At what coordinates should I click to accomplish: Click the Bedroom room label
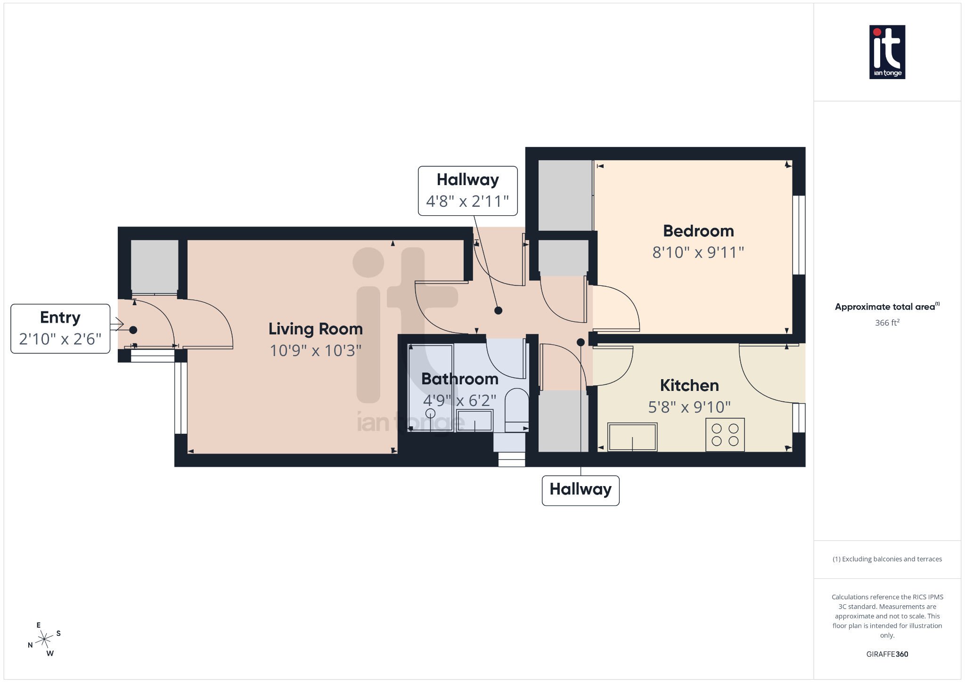[x=698, y=231]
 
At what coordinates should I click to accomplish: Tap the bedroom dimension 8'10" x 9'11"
[x=698, y=252]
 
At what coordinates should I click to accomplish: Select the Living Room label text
[x=316, y=329]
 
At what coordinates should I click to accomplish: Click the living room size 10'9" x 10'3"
[x=316, y=350]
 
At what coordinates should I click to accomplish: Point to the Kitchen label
[x=689, y=385]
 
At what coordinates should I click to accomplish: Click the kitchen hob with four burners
[x=725, y=435]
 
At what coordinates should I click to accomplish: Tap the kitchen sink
[x=632, y=437]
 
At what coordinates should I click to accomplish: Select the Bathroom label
[x=460, y=379]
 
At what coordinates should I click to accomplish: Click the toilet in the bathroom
[x=516, y=410]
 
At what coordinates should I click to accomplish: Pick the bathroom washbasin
[x=474, y=420]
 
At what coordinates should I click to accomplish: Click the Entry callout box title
[x=60, y=317]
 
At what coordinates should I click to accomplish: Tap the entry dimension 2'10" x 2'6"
[x=60, y=339]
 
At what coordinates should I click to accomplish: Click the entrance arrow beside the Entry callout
[x=117, y=324]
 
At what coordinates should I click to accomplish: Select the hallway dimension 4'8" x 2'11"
[x=467, y=201]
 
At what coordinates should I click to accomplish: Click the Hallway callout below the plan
[x=581, y=490]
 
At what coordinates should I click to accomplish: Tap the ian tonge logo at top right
[x=887, y=52]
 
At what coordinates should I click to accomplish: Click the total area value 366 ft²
[x=887, y=323]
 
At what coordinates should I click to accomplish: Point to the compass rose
[x=44, y=639]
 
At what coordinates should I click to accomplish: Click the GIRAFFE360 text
[x=887, y=654]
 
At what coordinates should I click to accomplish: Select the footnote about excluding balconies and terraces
[x=887, y=559]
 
